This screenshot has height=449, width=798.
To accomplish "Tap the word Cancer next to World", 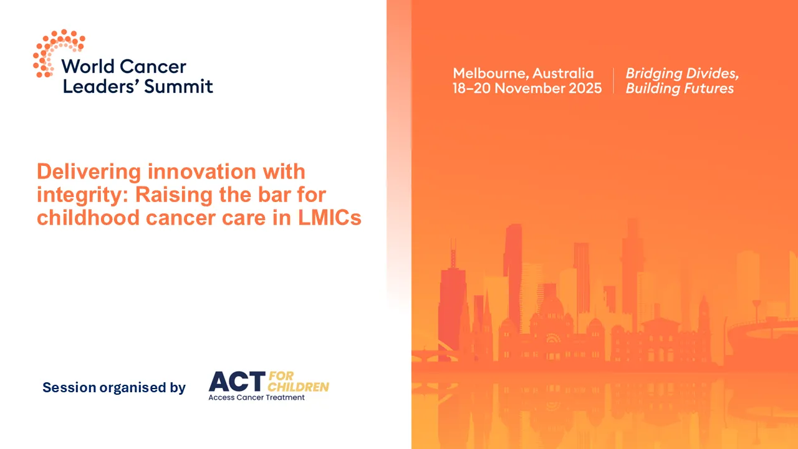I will [153, 66].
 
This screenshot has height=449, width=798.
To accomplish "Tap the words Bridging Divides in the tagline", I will [682, 73].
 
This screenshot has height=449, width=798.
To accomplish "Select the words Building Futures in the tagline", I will [680, 88].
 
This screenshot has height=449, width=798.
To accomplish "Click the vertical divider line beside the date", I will [613, 80].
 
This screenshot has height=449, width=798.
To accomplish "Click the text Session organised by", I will [114, 387].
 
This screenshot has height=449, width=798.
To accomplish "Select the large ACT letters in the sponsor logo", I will [237, 381].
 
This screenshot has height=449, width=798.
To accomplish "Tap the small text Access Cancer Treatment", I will [256, 398].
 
